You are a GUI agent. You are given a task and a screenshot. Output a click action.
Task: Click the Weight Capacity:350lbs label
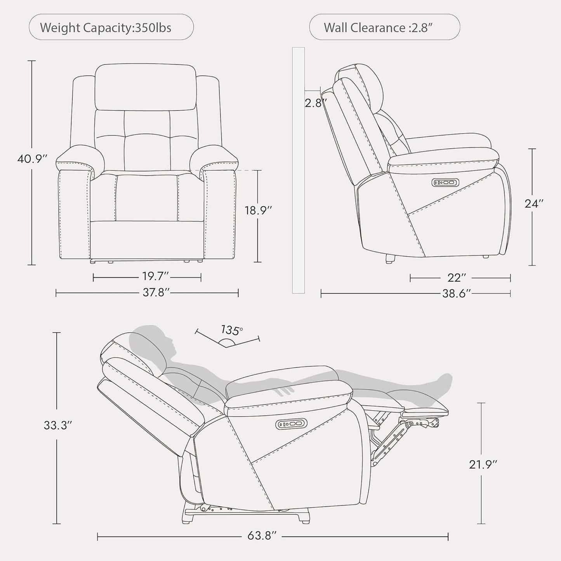click(106, 28)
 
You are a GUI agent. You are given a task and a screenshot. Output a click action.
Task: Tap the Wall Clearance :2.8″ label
click(378, 28)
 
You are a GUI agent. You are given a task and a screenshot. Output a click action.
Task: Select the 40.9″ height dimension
click(32, 159)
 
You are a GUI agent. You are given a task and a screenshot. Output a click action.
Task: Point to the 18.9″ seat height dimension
click(258, 210)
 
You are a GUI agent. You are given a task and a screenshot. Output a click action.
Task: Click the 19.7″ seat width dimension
click(155, 276)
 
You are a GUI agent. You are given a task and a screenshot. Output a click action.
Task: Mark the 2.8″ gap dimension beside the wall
click(315, 103)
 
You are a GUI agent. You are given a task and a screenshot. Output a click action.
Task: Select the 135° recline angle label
click(231, 330)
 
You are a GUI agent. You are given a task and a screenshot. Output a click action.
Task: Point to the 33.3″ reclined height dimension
click(57, 425)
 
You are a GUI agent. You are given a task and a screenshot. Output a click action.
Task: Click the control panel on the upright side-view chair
click(445, 182)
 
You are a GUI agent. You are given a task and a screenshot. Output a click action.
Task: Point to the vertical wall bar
click(299, 170)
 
